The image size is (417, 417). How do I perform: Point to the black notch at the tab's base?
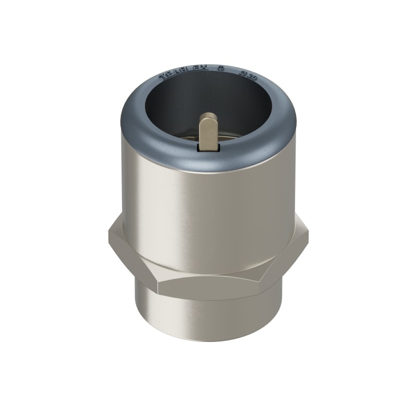point(208,149)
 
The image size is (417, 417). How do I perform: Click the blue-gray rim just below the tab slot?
point(208,159)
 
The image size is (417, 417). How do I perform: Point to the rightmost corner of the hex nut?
point(308,237)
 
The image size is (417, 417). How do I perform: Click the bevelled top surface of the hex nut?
point(208,268)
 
